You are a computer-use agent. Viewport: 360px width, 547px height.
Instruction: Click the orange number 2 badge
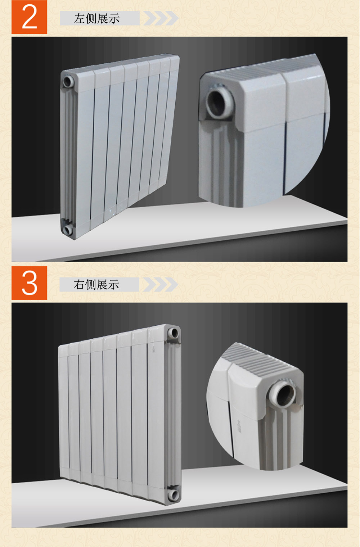[29, 17]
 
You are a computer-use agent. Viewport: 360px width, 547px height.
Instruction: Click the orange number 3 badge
[29, 283]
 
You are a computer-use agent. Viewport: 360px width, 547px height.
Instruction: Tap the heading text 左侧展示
[97, 19]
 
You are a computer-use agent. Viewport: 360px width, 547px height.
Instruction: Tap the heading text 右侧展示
[96, 285]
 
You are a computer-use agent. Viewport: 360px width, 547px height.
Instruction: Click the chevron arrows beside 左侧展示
[161, 18]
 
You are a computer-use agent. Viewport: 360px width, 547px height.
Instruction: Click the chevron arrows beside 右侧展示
[160, 284]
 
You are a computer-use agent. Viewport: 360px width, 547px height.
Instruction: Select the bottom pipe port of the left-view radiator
[68, 230]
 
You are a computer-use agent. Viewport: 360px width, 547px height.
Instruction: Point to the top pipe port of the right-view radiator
[174, 333]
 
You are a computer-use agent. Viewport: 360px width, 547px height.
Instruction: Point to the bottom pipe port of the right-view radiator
[174, 494]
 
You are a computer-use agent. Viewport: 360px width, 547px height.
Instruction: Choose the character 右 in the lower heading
[79, 285]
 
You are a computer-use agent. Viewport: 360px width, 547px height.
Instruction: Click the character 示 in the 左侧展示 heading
[114, 19]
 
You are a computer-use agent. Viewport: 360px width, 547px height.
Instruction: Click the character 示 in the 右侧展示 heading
[113, 285]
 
